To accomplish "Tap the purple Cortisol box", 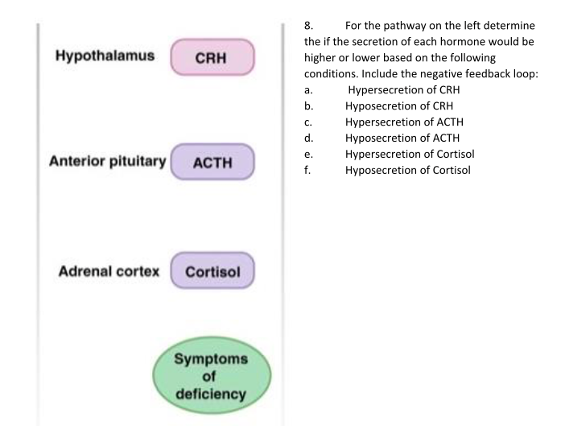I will click(212, 271).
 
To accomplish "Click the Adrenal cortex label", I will click(108, 270).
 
